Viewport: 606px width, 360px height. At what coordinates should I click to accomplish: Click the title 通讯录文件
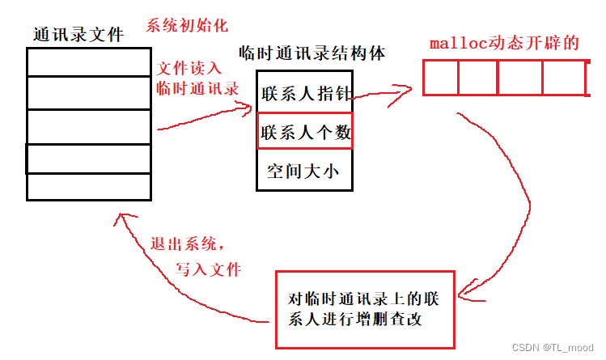point(78,35)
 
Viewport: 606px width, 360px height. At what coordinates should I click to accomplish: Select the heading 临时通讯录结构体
point(311,53)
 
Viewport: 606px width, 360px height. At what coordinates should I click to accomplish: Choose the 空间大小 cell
point(303,170)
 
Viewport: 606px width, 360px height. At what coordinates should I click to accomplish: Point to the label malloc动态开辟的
point(504,43)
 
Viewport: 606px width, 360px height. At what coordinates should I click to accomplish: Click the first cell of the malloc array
point(441,78)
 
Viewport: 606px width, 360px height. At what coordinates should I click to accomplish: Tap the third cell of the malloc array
point(519,78)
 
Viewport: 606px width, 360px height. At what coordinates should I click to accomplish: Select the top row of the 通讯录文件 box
point(89,61)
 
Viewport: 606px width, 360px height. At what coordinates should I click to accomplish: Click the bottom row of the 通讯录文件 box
point(89,187)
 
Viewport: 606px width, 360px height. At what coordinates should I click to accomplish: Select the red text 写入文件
point(209,269)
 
